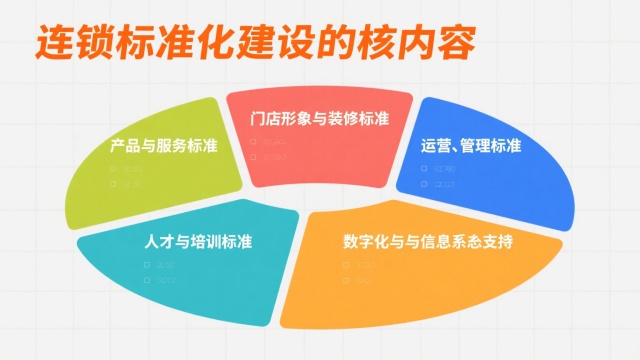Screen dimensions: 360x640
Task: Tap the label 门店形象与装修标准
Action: point(319,118)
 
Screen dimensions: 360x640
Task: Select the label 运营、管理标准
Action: point(471,146)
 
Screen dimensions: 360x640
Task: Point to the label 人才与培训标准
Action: point(198,241)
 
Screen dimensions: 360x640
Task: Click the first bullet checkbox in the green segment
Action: point(114,170)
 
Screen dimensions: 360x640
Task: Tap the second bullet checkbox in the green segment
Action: point(114,184)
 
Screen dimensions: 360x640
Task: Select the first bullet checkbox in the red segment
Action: point(254,142)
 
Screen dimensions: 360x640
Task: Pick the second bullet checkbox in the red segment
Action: point(254,156)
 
